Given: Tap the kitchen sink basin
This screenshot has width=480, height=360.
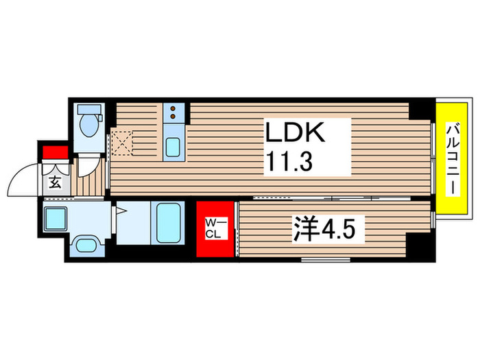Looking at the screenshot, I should coord(173,146).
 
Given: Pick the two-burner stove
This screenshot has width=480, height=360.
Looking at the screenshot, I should coord(173,109).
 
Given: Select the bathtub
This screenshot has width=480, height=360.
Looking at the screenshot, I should coord(169,224).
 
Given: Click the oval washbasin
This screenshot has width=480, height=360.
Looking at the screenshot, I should coord(86,247).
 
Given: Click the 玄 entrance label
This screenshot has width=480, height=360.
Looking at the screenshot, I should coord(54,182).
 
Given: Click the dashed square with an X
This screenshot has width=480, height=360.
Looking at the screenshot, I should coord(121,143).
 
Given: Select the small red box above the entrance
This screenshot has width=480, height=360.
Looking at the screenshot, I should coord(53,153).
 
